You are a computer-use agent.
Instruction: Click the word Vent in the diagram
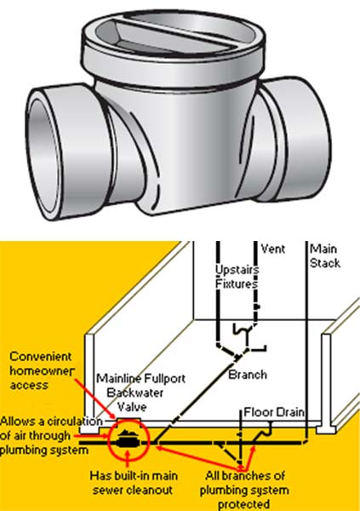(x=273, y=249)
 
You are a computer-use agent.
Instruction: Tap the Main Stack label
(x=325, y=255)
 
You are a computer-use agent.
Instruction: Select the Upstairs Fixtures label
(x=237, y=277)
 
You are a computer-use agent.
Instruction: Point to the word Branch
(x=248, y=375)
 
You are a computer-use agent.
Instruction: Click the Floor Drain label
(x=274, y=412)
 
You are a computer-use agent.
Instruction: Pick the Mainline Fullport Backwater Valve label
(x=140, y=393)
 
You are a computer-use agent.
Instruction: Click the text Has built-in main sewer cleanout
(x=134, y=483)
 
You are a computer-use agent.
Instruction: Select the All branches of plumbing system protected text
(x=244, y=490)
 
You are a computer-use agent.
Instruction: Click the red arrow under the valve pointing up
(x=128, y=460)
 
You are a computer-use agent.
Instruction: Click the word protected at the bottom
(x=243, y=504)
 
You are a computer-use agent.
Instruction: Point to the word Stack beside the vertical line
(x=325, y=263)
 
